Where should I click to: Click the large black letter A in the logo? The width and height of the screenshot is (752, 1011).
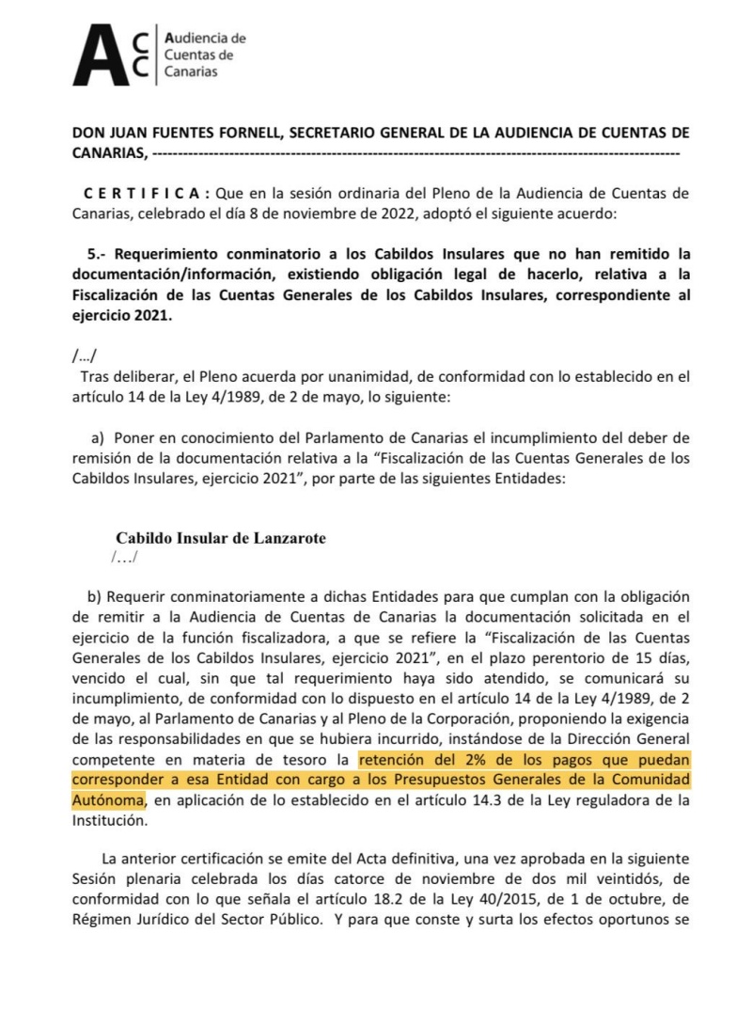(98, 56)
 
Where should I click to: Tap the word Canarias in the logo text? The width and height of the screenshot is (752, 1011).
(191, 71)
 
